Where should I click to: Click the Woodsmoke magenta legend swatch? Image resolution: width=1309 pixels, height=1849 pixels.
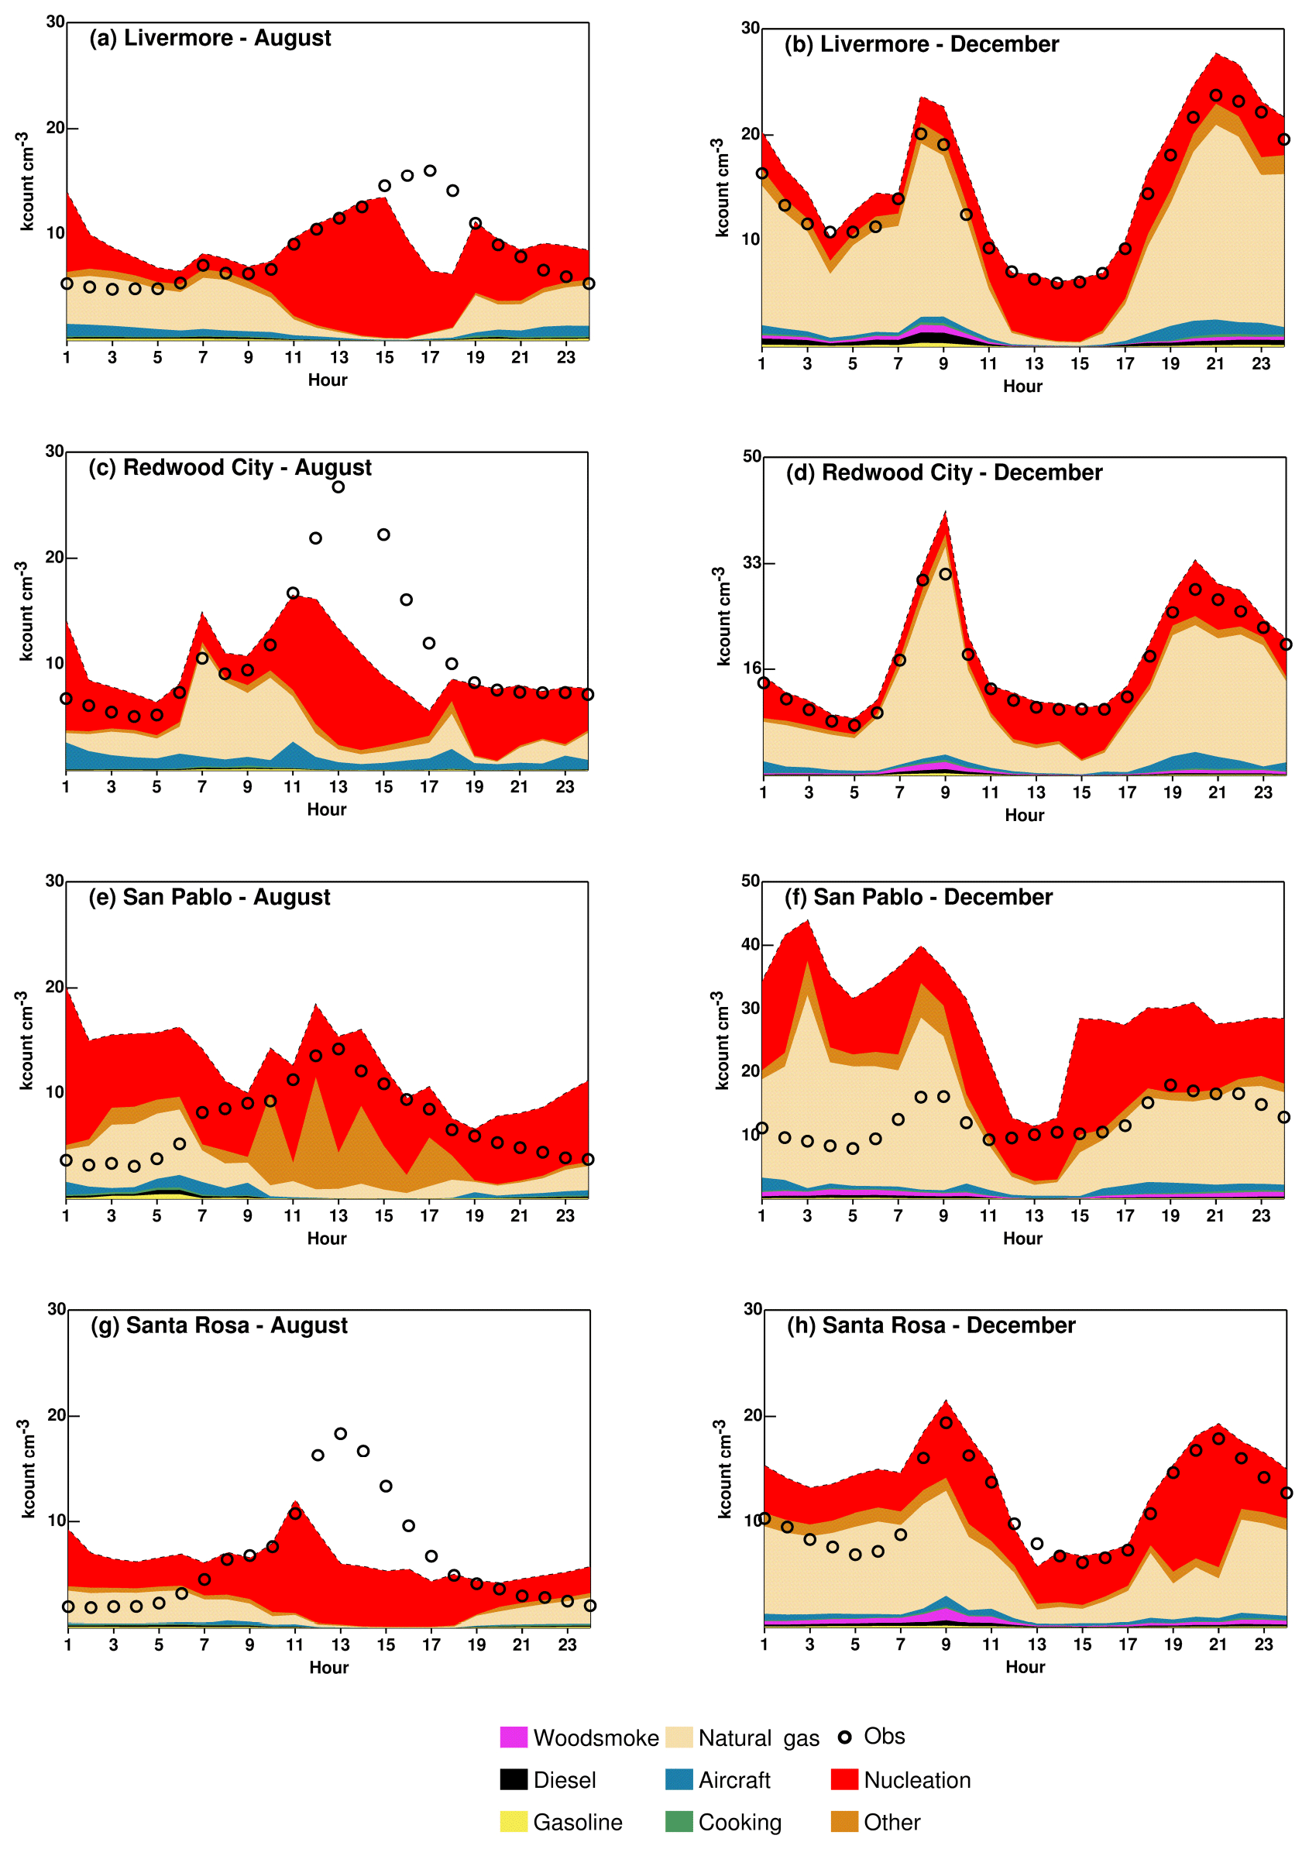click(x=514, y=1736)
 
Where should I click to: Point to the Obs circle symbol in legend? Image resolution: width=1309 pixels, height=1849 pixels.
click(x=844, y=1736)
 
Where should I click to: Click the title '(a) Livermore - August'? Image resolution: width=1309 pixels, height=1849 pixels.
click(x=210, y=38)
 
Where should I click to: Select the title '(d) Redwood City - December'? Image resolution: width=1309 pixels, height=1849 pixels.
click(x=943, y=473)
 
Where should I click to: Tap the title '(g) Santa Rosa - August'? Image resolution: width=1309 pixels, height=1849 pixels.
click(x=218, y=1325)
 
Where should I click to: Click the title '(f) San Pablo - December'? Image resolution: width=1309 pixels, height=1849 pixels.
click(x=918, y=897)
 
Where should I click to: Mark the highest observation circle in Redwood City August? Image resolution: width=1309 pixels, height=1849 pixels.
click(x=338, y=486)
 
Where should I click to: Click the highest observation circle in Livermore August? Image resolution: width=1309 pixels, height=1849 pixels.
click(x=430, y=171)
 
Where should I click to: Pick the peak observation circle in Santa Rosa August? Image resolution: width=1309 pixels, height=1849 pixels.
click(x=340, y=1434)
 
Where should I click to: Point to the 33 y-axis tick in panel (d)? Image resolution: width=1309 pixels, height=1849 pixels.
click(x=751, y=562)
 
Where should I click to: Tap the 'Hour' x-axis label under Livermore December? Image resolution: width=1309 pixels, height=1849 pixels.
click(x=1022, y=386)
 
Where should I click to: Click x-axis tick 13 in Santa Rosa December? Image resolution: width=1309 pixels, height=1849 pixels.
click(x=1036, y=1644)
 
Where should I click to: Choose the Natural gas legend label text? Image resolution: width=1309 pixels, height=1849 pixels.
click(x=758, y=1737)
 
